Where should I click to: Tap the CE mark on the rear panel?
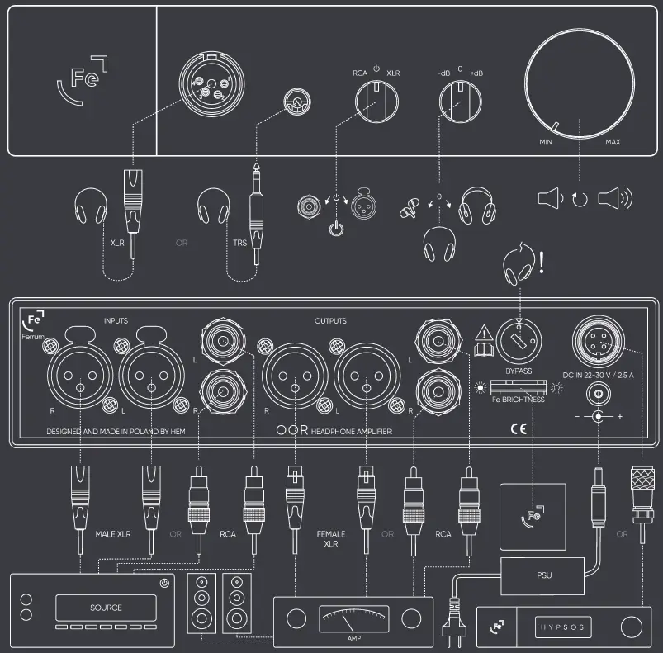click(519, 428)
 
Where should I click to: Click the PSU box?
click(543, 575)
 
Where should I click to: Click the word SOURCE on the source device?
click(106, 608)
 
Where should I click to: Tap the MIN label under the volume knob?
click(546, 142)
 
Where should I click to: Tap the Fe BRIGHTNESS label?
click(519, 400)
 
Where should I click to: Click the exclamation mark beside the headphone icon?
click(542, 263)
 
